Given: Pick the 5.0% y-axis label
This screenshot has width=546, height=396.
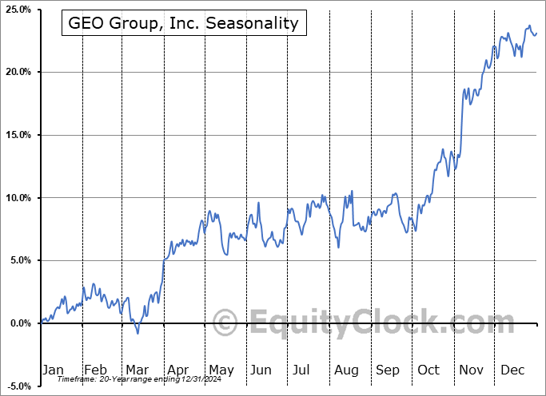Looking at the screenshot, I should [18, 260].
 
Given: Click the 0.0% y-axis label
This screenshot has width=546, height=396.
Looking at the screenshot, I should [18, 323].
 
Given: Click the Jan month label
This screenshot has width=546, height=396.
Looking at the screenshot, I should [53, 370].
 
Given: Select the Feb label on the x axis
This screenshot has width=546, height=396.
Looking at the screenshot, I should [95, 370].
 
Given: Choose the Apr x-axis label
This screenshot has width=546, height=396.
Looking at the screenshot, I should [177, 370].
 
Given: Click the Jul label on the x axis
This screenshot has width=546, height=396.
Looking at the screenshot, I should [302, 370].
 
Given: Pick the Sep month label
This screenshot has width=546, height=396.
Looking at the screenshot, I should [387, 370].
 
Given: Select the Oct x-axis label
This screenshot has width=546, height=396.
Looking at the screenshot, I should [428, 370].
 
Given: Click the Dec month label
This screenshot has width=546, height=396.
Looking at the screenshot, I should [512, 370].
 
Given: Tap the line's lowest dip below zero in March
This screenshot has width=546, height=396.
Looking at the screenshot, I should [137, 332].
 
